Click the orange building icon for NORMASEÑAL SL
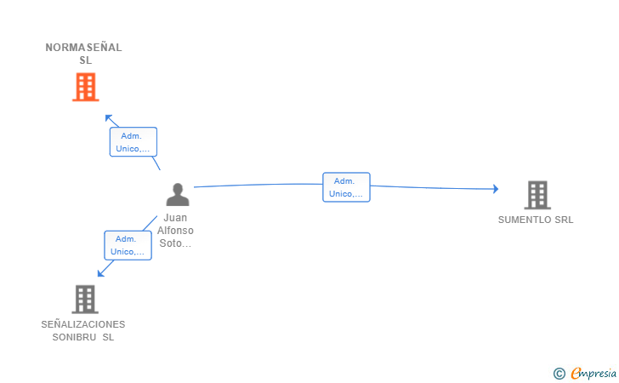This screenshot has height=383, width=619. tap(86, 87)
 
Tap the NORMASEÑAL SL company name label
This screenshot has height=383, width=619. tap(83, 54)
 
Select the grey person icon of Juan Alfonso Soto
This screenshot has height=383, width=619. tap(178, 194)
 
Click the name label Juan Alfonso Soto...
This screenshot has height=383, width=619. tap(175, 231)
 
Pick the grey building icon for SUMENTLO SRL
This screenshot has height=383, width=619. tap(537, 195)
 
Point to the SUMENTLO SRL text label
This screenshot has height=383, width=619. tap(536, 220)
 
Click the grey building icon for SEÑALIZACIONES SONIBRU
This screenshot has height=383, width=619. tap(85, 300)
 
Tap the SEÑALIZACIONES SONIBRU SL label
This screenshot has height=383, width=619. tap(83, 331)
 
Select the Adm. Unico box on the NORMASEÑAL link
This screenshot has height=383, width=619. tap(133, 142)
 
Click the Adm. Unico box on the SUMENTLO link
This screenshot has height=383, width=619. tap(346, 187)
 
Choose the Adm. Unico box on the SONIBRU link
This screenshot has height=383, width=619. tap(128, 245)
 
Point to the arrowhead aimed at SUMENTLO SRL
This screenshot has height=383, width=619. tap(496, 189)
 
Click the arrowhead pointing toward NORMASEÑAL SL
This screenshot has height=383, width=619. tap(109, 118)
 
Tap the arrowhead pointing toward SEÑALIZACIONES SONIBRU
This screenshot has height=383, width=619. tap(101, 273)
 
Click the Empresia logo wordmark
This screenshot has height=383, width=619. tap(593, 374)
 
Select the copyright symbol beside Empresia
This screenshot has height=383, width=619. tap(559, 374)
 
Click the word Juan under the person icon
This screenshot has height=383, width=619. tap(175, 218)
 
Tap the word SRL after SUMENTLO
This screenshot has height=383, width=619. tap(564, 220)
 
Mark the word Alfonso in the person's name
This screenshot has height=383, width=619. tap(175, 231)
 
